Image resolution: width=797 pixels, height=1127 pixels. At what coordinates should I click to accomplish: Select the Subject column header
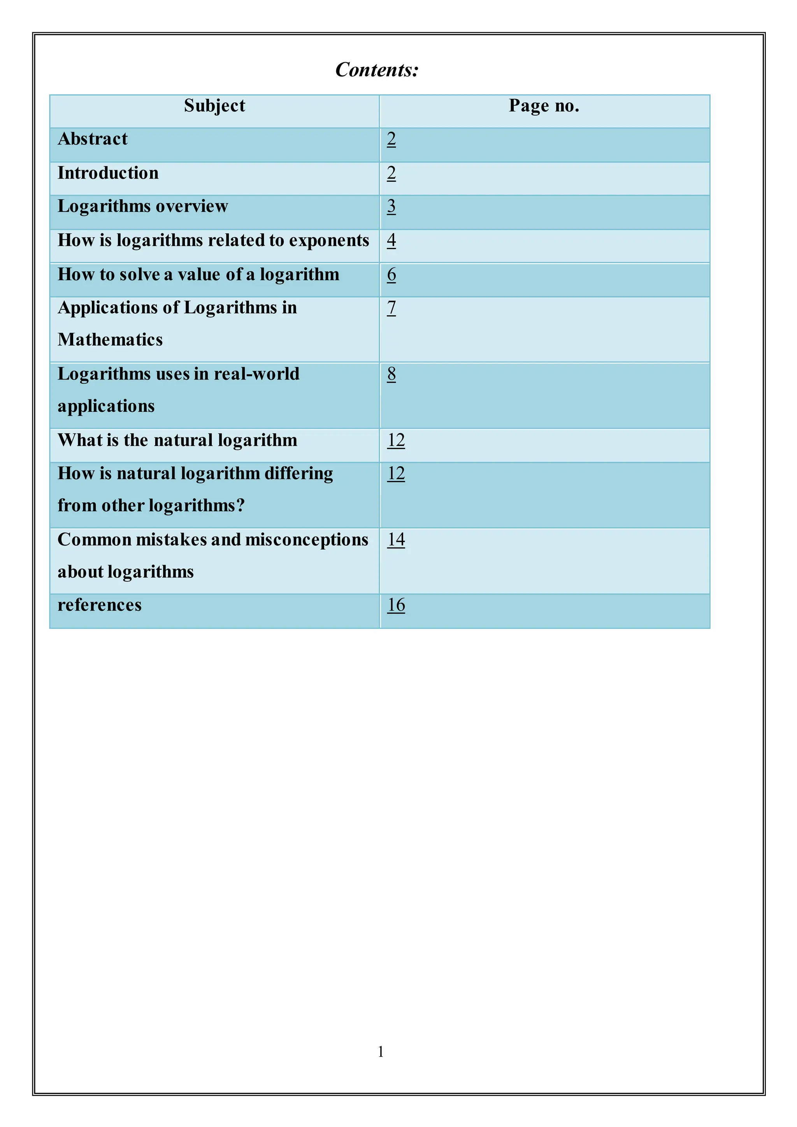[x=214, y=106]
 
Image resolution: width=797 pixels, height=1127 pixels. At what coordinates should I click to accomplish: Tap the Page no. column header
[x=544, y=106]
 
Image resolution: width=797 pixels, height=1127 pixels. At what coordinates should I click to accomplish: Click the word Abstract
[x=92, y=139]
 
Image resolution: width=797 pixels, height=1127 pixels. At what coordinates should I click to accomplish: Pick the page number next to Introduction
[x=391, y=173]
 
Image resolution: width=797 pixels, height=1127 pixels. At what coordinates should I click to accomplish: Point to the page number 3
[x=391, y=206]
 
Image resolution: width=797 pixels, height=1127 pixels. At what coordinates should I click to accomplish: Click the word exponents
[x=329, y=240]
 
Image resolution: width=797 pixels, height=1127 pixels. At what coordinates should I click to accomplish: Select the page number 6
[x=391, y=274]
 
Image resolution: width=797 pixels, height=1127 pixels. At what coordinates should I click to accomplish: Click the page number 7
[x=391, y=308]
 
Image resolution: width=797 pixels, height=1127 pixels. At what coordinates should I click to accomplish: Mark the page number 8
[x=391, y=374]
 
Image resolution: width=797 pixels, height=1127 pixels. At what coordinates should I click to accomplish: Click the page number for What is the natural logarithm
[x=396, y=440]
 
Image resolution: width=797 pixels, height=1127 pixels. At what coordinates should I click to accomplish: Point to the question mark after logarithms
[x=241, y=506]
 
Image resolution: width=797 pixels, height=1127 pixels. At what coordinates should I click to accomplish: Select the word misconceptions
[x=307, y=539]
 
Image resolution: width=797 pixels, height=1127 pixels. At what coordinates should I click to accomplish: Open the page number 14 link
[x=396, y=539]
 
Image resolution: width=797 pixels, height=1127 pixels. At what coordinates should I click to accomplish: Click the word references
[x=99, y=605]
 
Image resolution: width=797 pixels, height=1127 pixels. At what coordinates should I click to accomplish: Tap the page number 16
[x=396, y=605]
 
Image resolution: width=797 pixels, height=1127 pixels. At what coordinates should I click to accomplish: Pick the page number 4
[x=391, y=240]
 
